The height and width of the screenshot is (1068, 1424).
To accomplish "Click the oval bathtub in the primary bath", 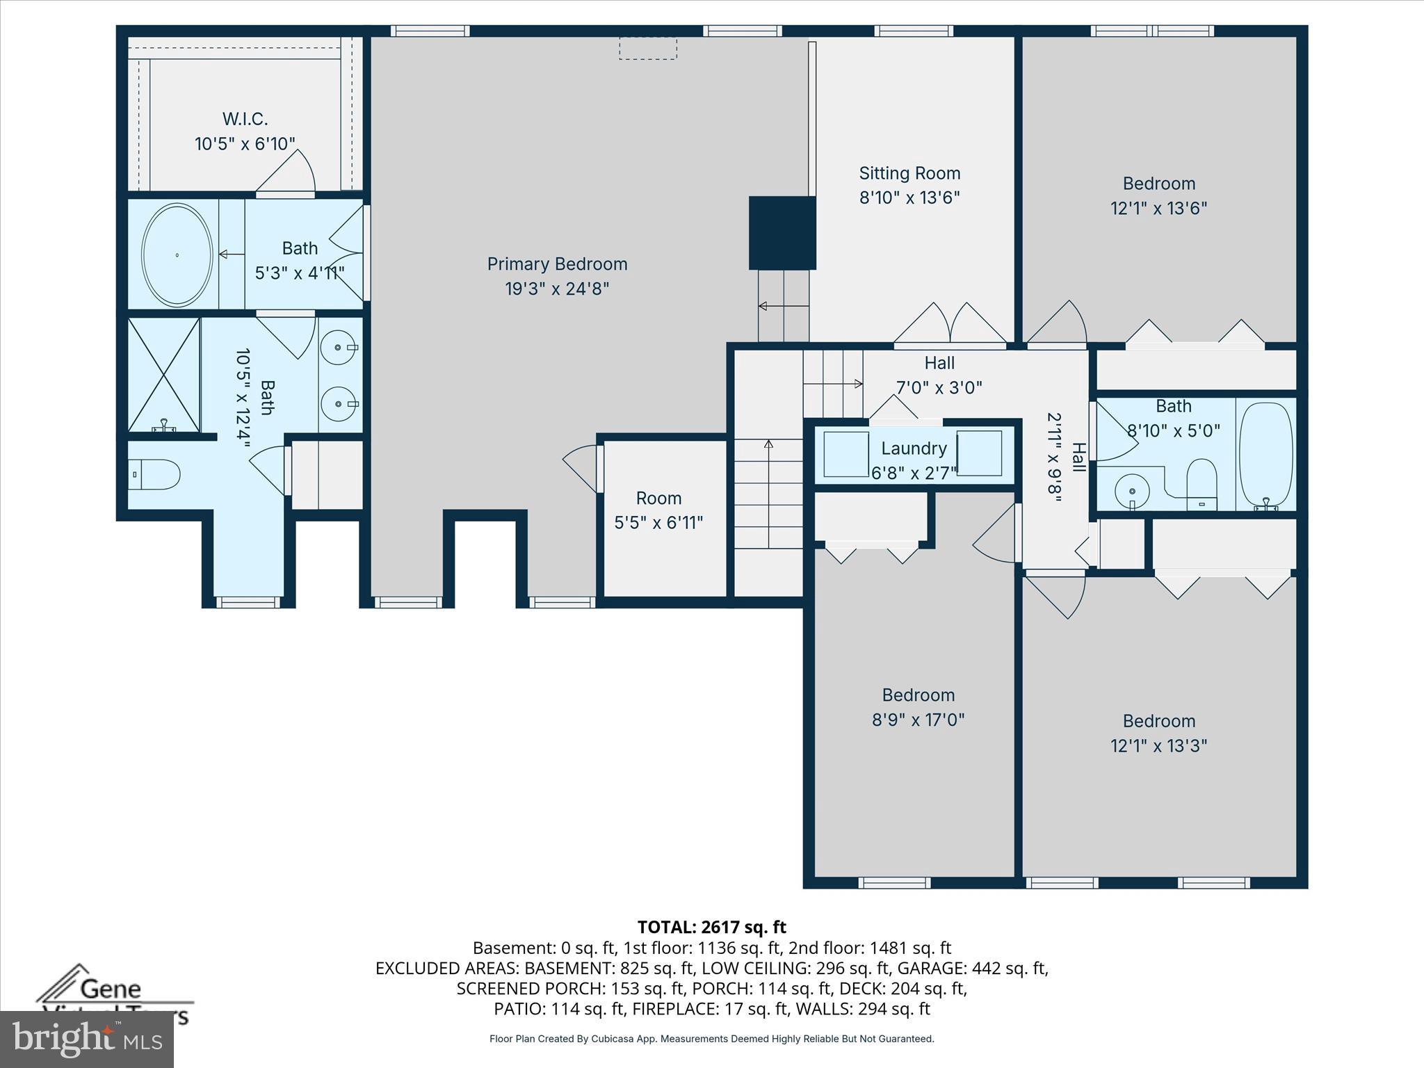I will tap(177, 254).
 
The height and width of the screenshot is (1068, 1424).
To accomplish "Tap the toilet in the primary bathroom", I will tap(156, 474).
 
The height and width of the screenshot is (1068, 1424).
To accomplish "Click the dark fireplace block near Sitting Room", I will tap(782, 233).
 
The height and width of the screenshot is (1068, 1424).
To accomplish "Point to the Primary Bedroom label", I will tap(557, 264).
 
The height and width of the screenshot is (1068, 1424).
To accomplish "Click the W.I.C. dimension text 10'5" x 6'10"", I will tap(245, 144).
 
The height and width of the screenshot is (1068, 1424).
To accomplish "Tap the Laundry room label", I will tap(914, 448).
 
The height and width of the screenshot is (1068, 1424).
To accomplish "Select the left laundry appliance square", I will tap(846, 454).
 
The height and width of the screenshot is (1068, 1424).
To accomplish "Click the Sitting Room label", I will tap(909, 173).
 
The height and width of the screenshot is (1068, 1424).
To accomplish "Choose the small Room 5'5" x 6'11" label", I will tap(658, 499).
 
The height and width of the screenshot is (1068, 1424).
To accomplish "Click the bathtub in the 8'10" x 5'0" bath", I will tap(1266, 455).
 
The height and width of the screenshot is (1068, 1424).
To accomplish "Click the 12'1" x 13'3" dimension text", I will tap(1158, 745).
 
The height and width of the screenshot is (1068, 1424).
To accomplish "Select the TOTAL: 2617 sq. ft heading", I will tap(711, 927).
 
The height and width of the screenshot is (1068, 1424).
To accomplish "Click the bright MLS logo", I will tap(87, 1039).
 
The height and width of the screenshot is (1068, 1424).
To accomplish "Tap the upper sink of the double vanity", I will tap(339, 346).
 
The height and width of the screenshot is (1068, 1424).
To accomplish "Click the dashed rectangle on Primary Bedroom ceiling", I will tap(647, 49).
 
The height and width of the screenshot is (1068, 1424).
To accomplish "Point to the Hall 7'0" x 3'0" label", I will tap(939, 363).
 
